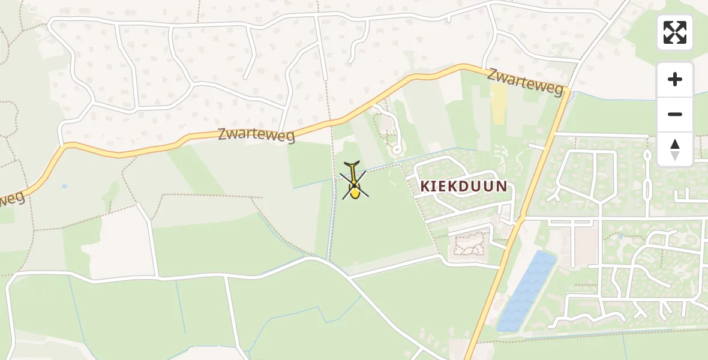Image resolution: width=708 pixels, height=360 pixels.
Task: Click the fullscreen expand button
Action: (674, 32)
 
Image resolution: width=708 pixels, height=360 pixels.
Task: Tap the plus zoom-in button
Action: (674, 79)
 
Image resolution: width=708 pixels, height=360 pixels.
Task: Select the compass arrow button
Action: (674, 149)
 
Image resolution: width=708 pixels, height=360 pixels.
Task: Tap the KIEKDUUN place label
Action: (463, 186)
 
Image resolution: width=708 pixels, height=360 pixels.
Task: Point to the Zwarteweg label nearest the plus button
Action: (525, 82)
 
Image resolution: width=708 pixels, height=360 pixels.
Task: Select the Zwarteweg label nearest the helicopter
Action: (256, 134)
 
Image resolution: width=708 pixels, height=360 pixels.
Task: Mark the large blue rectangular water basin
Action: (526, 291)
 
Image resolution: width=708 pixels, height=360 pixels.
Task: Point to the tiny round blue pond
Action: (64, 186)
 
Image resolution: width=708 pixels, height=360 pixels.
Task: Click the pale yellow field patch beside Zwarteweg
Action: (498, 103)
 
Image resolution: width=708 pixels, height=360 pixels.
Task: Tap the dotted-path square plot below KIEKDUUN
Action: (470, 244)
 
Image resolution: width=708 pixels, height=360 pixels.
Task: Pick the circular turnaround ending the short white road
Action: (395, 148)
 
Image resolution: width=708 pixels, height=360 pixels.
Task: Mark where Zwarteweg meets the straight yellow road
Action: (565, 93)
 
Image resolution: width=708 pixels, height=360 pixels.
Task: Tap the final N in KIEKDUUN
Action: (502, 186)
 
